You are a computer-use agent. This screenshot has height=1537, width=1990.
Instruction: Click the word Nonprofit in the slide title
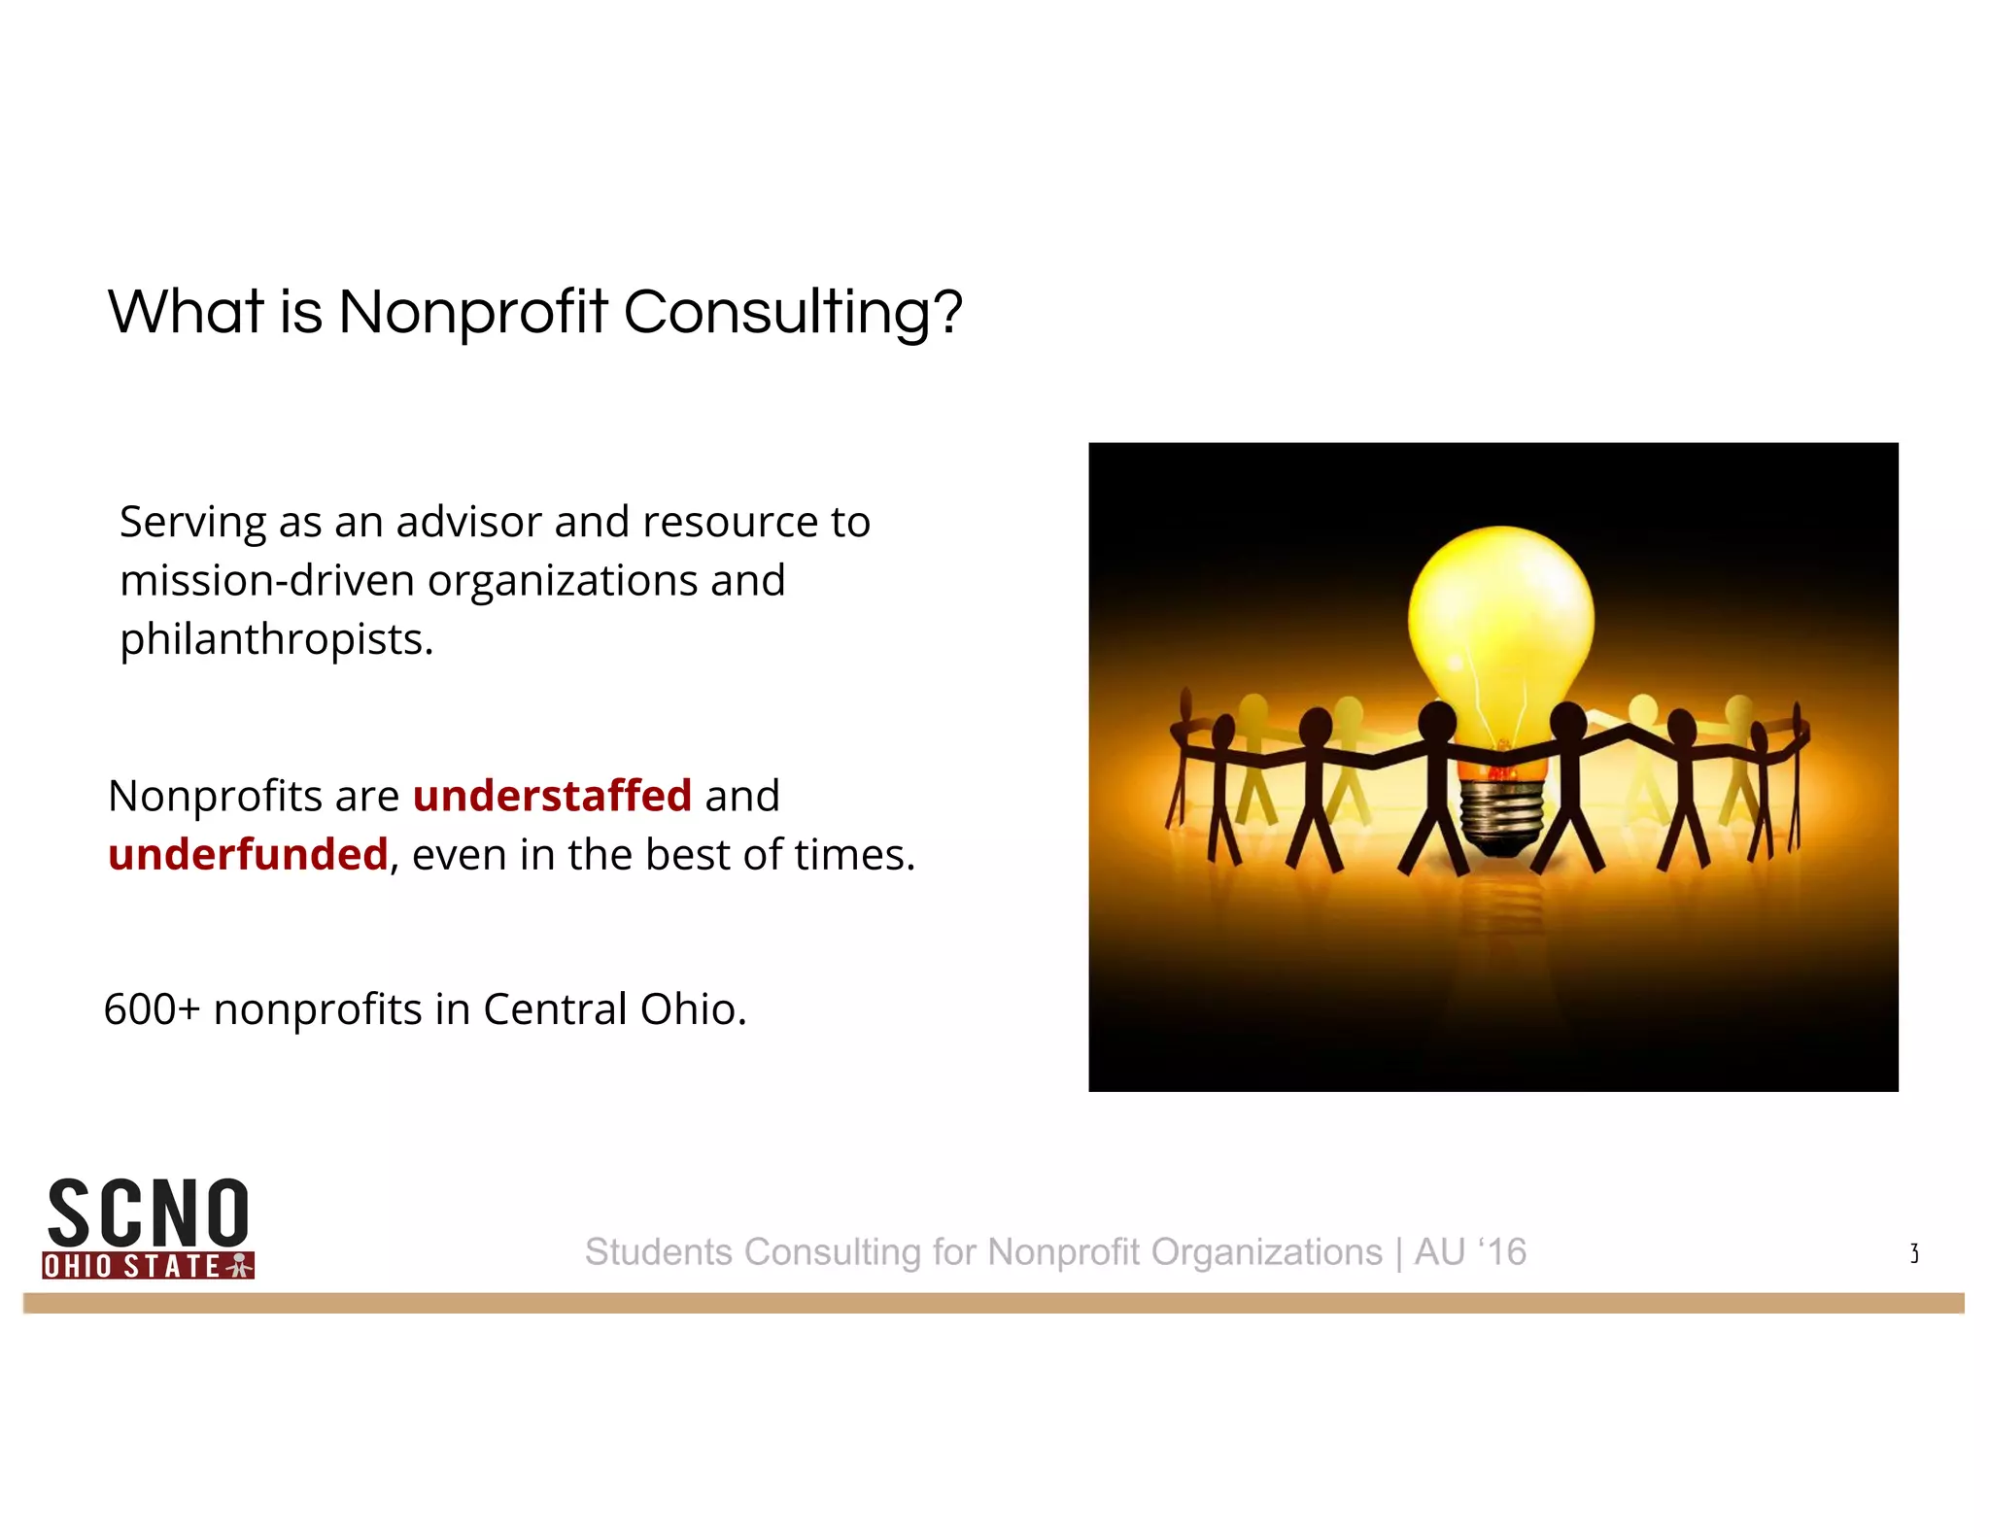point(472,313)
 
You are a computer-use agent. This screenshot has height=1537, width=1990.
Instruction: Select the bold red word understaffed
point(552,796)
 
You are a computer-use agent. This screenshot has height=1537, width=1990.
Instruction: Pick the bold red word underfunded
point(248,855)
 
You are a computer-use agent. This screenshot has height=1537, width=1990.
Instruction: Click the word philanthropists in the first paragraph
point(276,640)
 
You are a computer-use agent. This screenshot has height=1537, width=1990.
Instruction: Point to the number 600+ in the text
point(152,1009)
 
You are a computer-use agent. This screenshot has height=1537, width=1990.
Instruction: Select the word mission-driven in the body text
point(267,581)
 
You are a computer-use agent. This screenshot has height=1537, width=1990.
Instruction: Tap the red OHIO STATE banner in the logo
point(148,1266)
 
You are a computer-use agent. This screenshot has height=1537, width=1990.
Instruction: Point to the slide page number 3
point(1913,1253)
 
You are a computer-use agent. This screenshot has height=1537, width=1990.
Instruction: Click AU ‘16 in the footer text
point(1470,1252)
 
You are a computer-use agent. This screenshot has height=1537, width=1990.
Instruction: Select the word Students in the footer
point(659,1252)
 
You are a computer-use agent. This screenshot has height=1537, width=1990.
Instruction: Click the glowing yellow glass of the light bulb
point(1500,612)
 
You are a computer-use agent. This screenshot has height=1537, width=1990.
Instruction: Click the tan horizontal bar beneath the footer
point(993,1303)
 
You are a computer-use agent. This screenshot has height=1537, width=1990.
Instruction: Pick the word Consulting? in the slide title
point(792,313)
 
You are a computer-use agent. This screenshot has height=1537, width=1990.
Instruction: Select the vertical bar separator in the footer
point(1398,1252)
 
